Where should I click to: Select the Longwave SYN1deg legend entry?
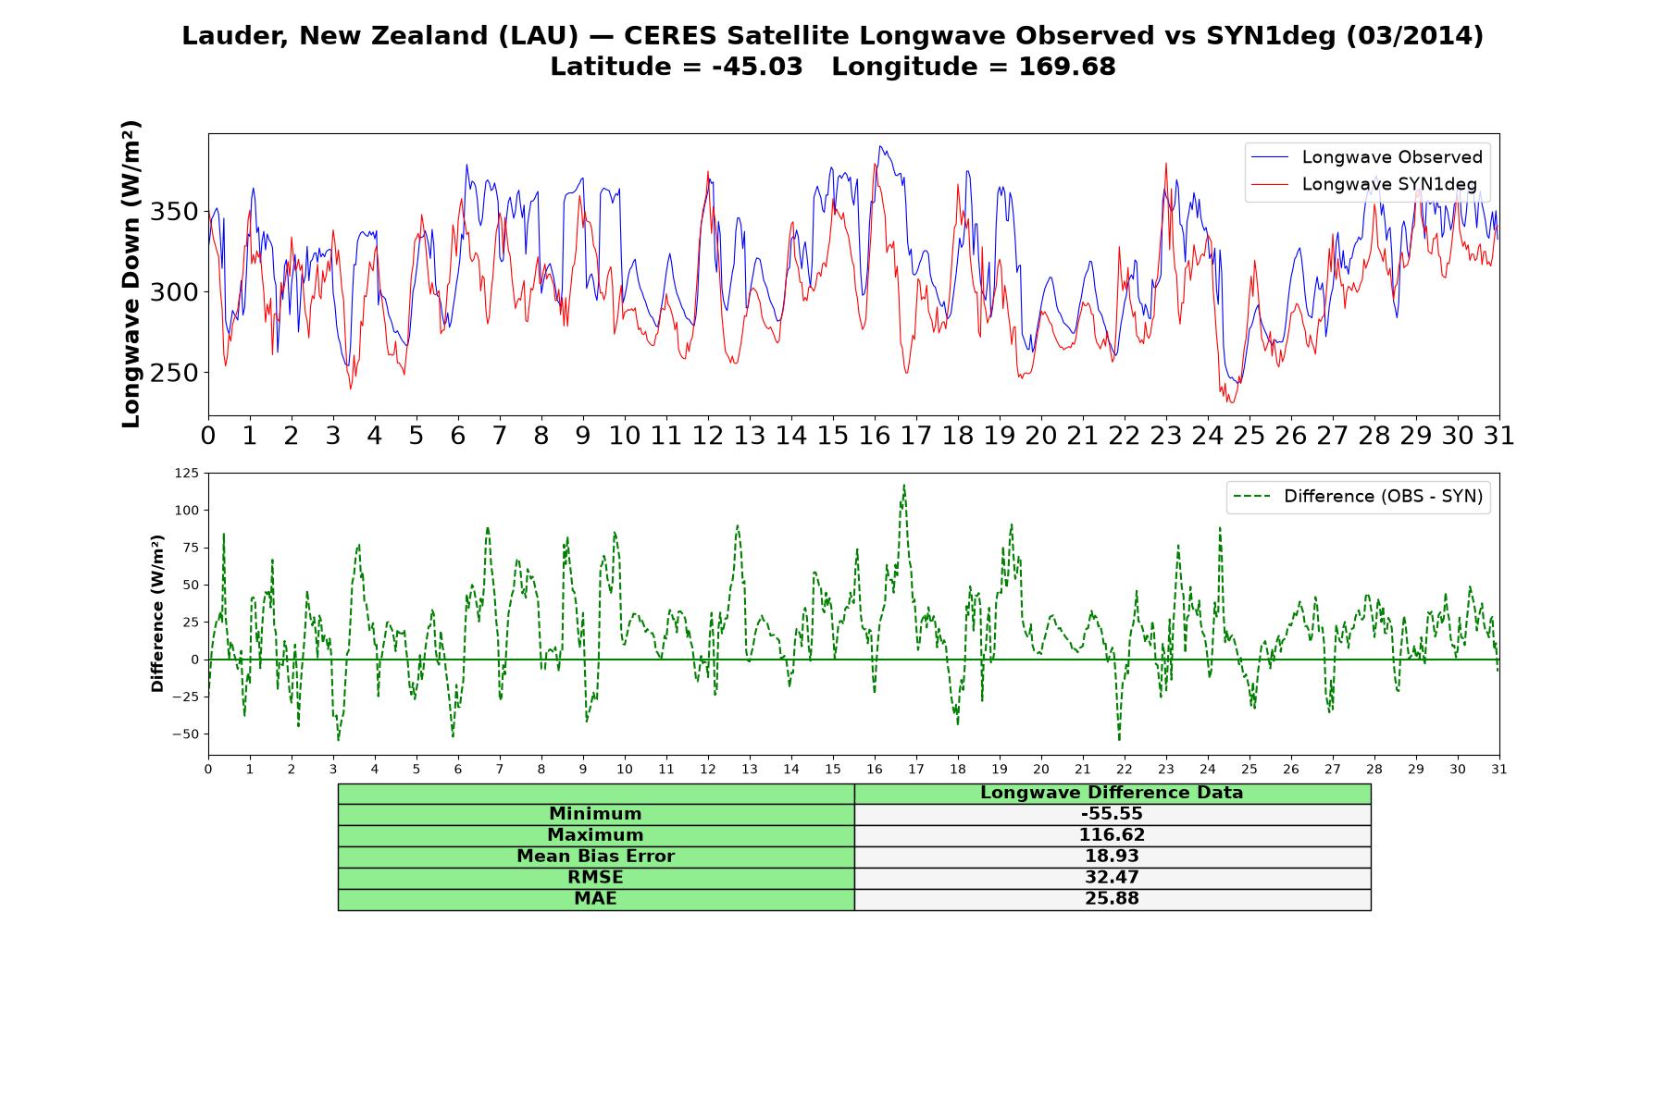tap(1364, 184)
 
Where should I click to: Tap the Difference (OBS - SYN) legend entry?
tap(1358, 497)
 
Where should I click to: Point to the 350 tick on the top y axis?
tap(175, 212)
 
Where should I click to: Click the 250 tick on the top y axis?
tap(175, 373)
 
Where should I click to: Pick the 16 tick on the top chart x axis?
tap(875, 435)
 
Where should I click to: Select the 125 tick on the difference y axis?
tap(186, 474)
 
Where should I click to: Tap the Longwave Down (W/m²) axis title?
tap(131, 274)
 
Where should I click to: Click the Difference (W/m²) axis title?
tap(157, 613)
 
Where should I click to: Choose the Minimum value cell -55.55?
tap(1112, 814)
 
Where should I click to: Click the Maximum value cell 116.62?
tap(1112, 835)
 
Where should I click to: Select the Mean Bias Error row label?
tap(595, 857)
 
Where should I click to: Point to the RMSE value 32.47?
tap(1112, 878)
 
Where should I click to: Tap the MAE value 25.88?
tap(1112, 899)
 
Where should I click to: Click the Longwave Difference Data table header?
tap(1112, 793)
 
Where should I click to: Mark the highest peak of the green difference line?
tap(904, 485)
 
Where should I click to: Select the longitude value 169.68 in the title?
tap(1067, 67)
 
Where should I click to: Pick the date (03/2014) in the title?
tap(1414, 36)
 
